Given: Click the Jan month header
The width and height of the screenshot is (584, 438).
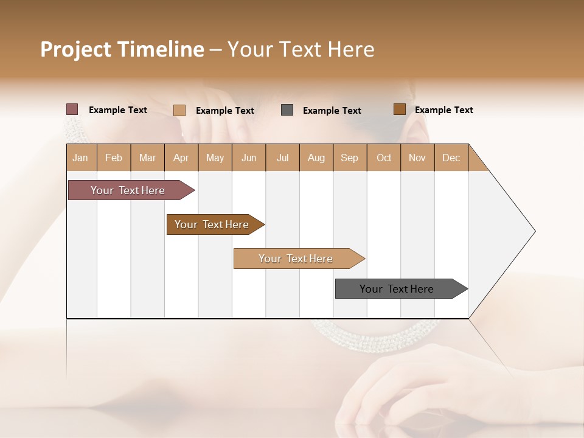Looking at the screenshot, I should point(81,158).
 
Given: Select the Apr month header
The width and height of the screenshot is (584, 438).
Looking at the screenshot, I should point(181,158).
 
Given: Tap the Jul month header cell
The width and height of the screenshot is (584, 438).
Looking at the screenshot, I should point(282,158).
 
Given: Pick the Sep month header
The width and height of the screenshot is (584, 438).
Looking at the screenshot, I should point(349,158).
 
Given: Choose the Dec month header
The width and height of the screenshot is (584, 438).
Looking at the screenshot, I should point(451,158).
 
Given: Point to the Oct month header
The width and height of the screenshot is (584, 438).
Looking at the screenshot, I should point(384,158).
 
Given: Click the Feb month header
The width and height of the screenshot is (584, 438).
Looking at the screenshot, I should point(114,158).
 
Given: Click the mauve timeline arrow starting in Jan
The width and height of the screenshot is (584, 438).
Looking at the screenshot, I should point(128,190).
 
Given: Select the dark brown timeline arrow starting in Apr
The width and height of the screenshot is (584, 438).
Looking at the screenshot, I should point(212,224).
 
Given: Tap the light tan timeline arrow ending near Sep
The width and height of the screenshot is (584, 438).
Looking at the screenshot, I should point(296,259).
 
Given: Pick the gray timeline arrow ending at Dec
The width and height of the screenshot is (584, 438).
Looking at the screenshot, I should point(397,289).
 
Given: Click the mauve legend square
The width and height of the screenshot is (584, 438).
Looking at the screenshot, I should point(72,109).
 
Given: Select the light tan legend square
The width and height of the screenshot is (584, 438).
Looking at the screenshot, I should point(179,110).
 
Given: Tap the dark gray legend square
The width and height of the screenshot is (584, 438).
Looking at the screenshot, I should point(287,110).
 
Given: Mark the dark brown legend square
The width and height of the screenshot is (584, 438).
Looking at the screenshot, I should point(399,109).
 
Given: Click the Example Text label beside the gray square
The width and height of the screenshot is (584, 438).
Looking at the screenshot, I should point(332,111).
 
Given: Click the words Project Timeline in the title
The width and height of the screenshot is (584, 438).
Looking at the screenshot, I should point(122,49).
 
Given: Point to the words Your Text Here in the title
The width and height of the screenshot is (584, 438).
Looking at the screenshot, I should point(301,49).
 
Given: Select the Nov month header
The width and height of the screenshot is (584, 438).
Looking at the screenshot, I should point(417,158).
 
